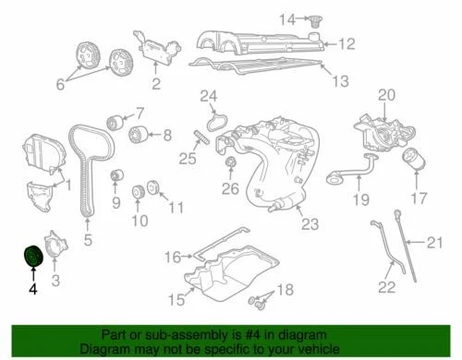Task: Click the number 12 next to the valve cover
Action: click(x=346, y=43)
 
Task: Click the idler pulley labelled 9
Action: click(x=115, y=176)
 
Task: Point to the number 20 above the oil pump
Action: click(x=386, y=93)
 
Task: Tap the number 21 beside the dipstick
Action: click(x=435, y=244)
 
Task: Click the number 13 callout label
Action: click(x=341, y=81)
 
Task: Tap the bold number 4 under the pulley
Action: click(x=33, y=289)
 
